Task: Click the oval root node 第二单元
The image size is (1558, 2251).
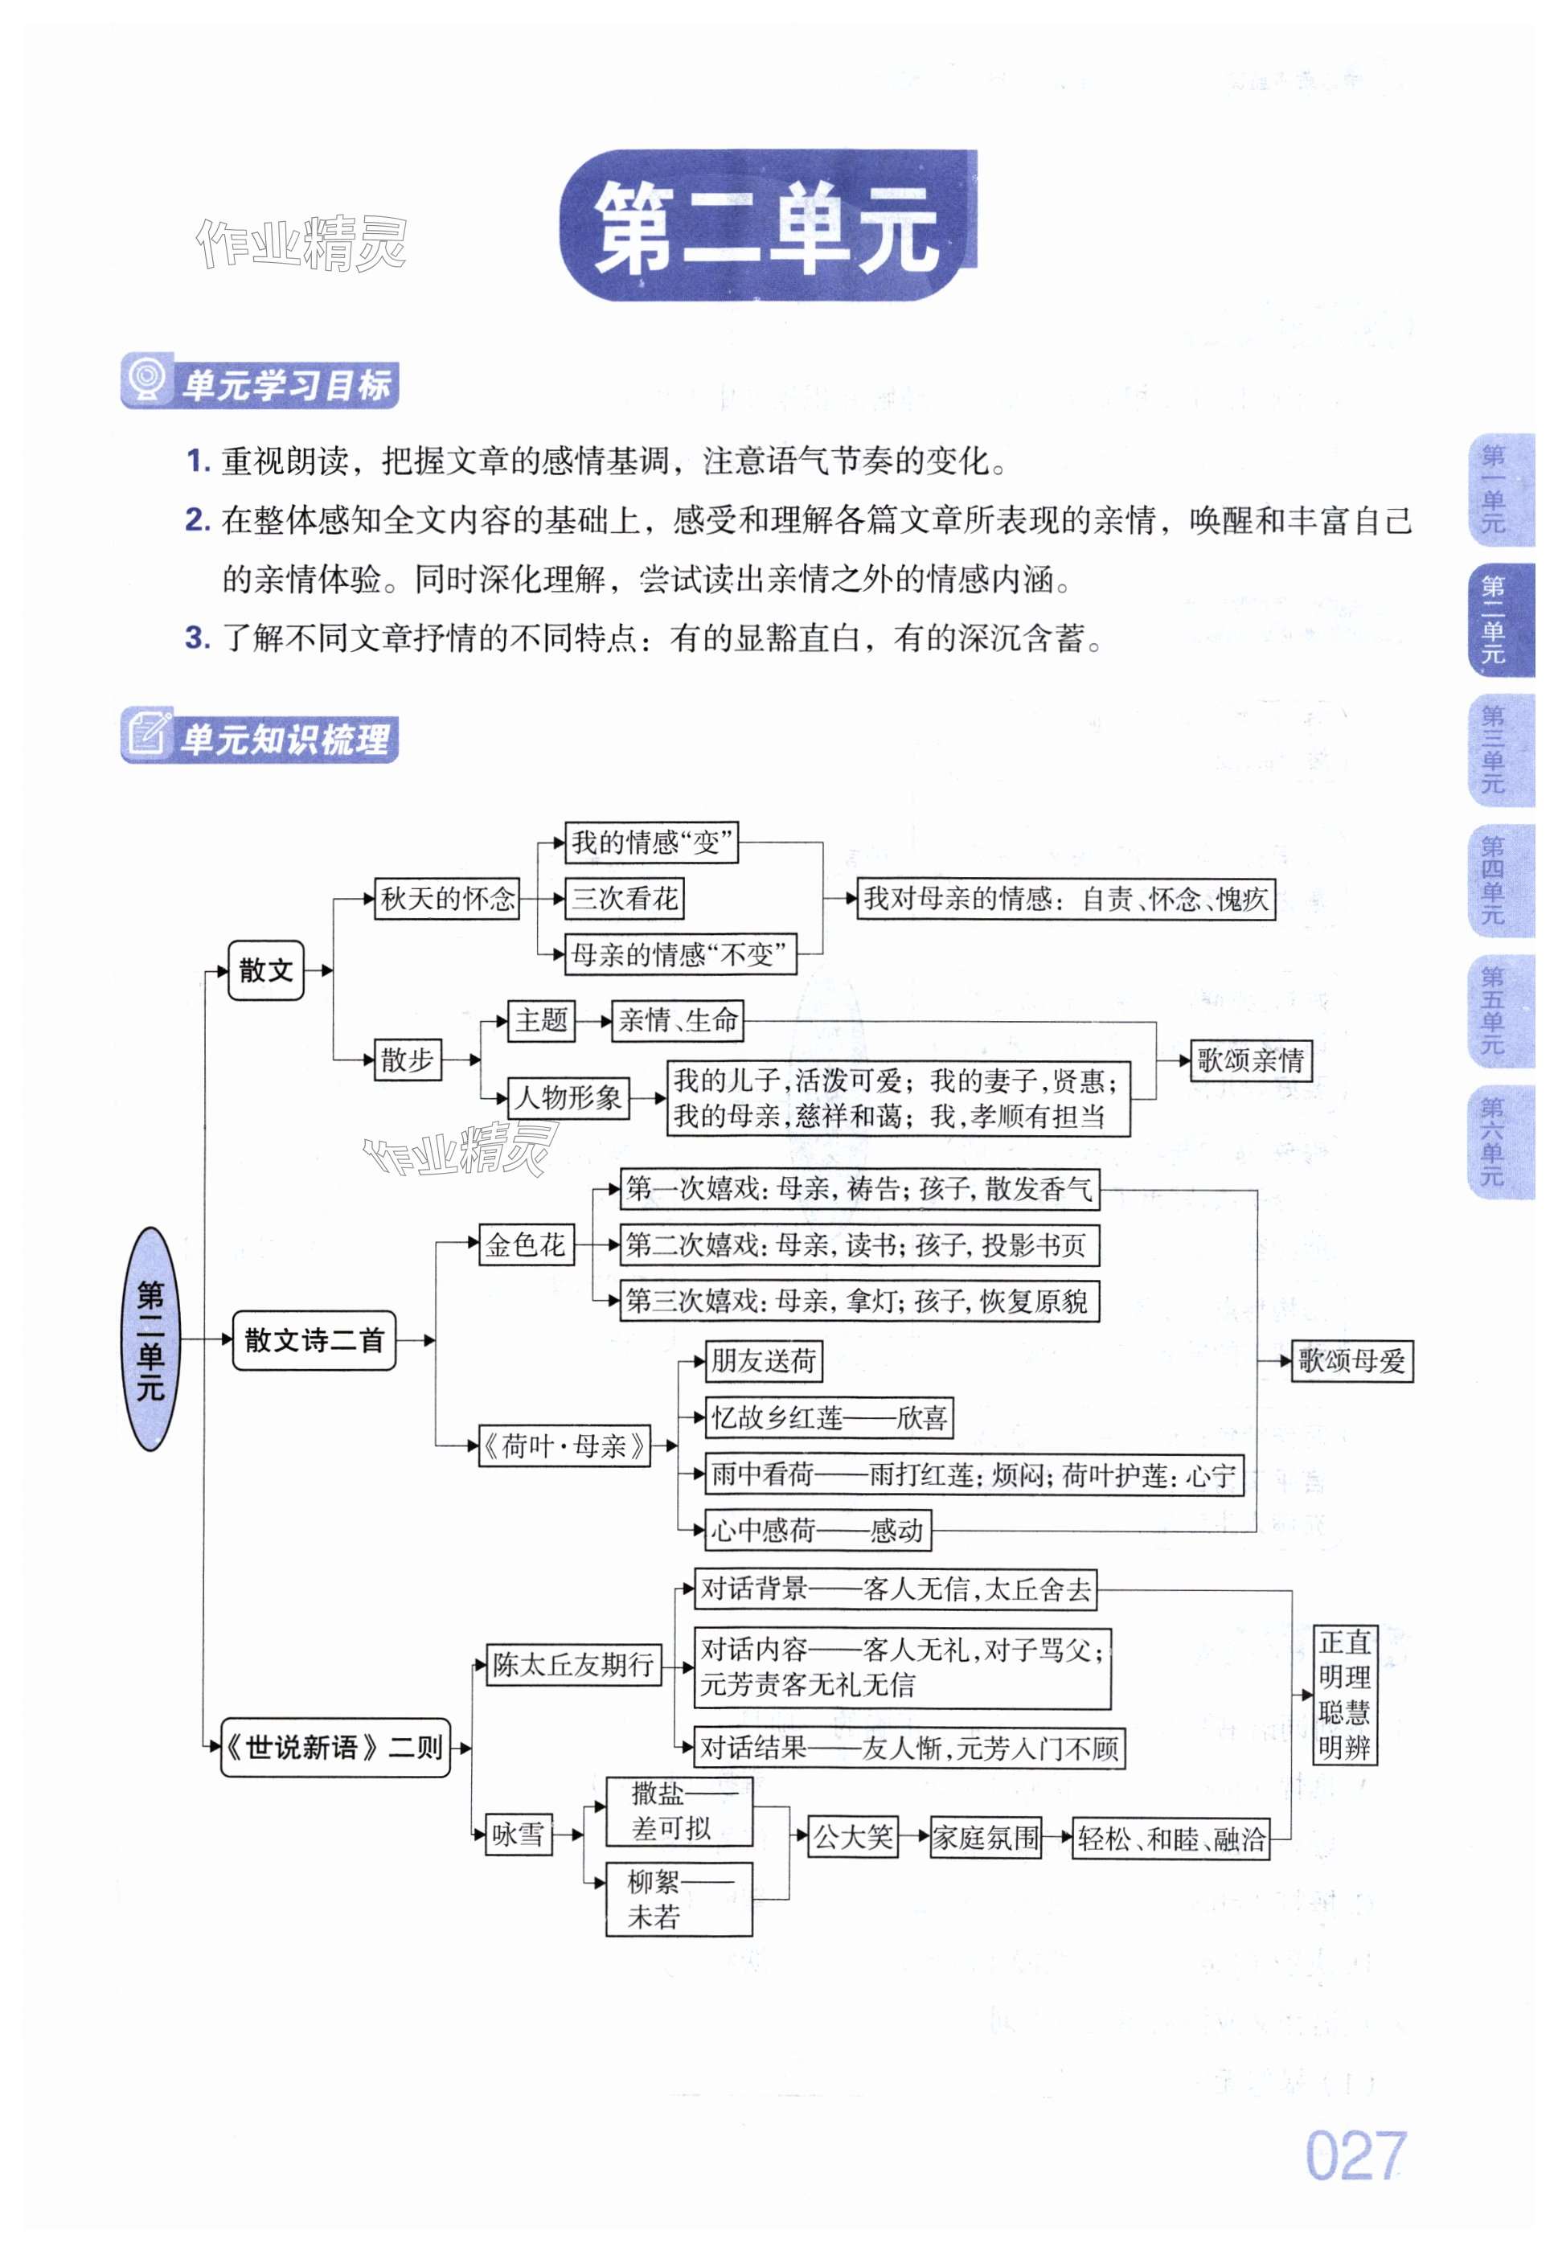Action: (150, 1339)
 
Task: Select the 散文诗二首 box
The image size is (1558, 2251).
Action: (314, 1340)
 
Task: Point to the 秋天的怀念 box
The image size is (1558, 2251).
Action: (447, 898)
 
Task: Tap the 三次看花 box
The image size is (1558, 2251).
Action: (625, 898)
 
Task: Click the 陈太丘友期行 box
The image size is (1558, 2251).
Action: (573, 1664)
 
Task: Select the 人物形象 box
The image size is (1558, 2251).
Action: (568, 1097)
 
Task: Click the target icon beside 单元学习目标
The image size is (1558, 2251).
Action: (147, 379)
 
